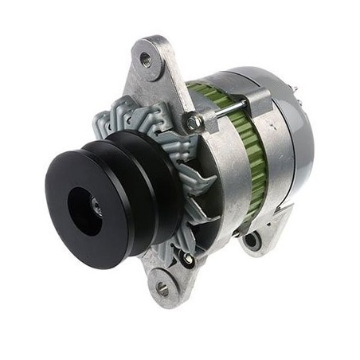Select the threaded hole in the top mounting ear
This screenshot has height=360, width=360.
click(x=145, y=58)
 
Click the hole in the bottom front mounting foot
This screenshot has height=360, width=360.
click(x=162, y=289)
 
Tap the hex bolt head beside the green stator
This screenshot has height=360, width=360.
click(x=194, y=122)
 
